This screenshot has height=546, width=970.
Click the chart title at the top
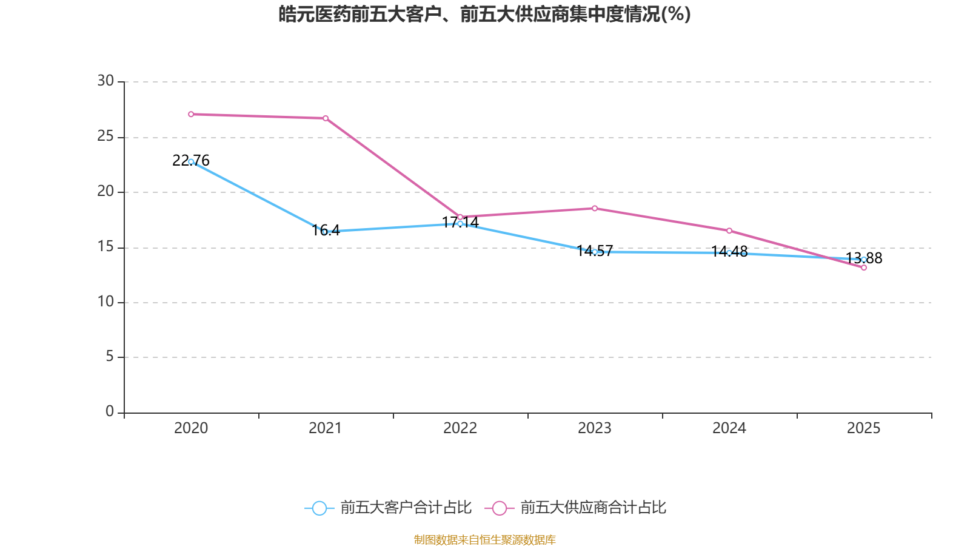pyautogui.click(x=484, y=14)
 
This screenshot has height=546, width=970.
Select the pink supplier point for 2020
pyautogui.click(x=191, y=114)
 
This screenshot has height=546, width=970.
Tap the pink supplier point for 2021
pyautogui.click(x=326, y=118)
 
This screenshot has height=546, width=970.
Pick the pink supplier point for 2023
pyautogui.click(x=595, y=209)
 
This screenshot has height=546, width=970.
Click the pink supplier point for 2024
pyautogui.click(x=729, y=231)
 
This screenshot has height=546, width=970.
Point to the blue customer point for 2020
pyautogui.click(x=191, y=162)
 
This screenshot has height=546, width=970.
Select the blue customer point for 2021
pyautogui.click(x=326, y=232)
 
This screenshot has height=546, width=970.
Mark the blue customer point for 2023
pyautogui.click(x=595, y=252)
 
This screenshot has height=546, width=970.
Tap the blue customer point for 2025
pyautogui.click(x=864, y=260)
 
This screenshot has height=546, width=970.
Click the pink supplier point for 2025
pyautogui.click(x=864, y=268)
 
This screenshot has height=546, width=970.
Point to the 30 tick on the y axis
pyautogui.click(x=105, y=81)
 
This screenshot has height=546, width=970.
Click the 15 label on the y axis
pyautogui.click(x=105, y=247)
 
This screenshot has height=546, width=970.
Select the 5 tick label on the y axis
pyautogui.click(x=110, y=357)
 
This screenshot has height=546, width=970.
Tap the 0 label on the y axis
pyautogui.click(x=110, y=412)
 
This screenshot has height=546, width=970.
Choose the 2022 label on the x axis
pyautogui.click(x=460, y=428)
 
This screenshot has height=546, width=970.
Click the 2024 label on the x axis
pyautogui.click(x=729, y=428)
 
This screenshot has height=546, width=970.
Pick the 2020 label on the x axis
pyautogui.click(x=191, y=428)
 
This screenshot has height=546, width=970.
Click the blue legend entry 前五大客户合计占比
pyautogui.click(x=389, y=508)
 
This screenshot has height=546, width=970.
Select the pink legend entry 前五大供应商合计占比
pyautogui.click(x=577, y=508)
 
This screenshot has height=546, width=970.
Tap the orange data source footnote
pyautogui.click(x=484, y=539)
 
